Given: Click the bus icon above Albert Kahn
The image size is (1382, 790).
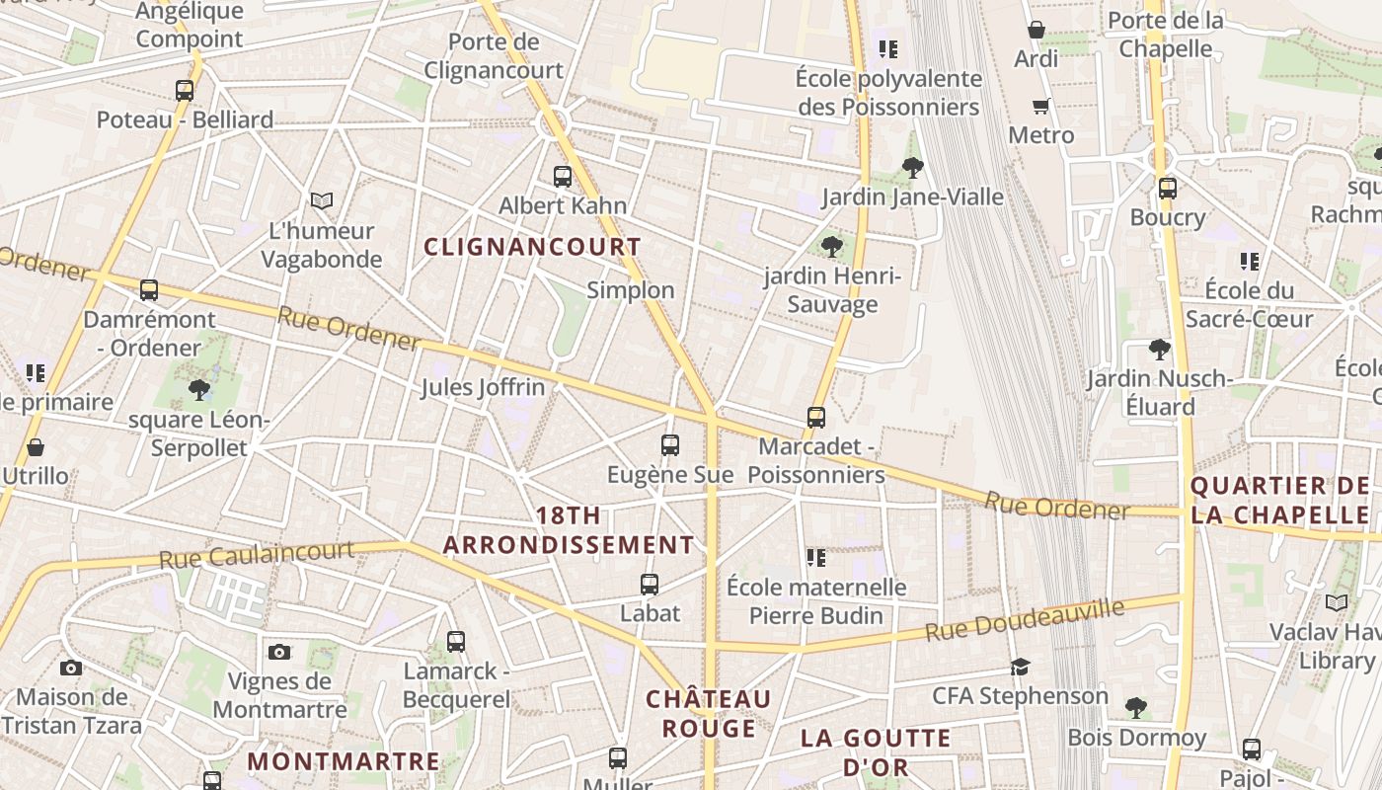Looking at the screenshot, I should tap(563, 177).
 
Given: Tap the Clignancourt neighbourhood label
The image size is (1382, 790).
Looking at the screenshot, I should tap(532, 247).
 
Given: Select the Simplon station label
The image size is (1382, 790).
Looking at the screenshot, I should tap(631, 290).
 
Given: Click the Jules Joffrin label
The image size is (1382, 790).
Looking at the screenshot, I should tap(483, 387).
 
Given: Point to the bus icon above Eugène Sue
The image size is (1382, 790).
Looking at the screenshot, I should tap(670, 445).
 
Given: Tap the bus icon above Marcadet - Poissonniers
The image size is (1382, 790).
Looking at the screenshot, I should tap(816, 418).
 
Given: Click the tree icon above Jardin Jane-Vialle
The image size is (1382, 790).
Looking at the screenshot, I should tap(913, 168).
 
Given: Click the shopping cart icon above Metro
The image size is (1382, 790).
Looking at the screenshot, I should tap(1040, 106).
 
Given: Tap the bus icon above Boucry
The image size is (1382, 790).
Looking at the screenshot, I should tap(1168, 188).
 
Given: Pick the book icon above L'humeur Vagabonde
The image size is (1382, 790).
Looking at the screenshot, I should tap(322, 201).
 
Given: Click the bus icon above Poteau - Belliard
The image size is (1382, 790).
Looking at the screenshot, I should tap(185, 91).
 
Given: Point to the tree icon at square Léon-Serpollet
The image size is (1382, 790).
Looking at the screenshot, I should tap(199, 390).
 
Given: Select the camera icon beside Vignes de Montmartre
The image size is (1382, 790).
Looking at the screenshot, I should tap(279, 652).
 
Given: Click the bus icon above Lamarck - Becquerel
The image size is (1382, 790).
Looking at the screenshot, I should tap(456, 642).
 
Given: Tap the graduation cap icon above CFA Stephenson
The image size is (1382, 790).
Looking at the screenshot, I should tap(1021, 667).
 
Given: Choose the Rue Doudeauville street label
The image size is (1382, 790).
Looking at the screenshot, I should tap(1025, 618).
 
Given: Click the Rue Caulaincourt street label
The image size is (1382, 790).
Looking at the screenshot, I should tap(256, 554).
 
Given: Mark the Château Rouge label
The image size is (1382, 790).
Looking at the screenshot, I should tap(709, 714).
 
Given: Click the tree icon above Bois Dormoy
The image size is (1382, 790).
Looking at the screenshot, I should tap(1136, 707).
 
